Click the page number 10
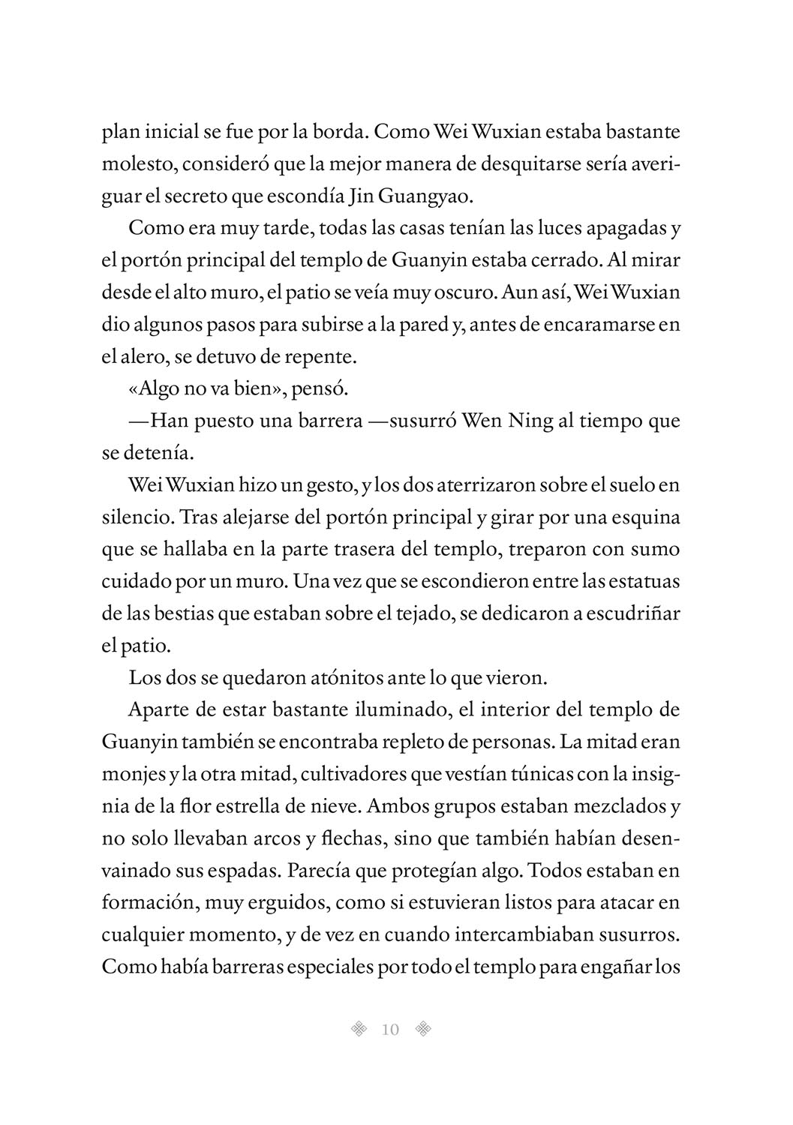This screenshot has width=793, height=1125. [390, 1029]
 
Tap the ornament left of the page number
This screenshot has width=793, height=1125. [360, 1029]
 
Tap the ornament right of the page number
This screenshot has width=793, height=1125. [423, 1029]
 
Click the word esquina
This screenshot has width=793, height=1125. [644, 517]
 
